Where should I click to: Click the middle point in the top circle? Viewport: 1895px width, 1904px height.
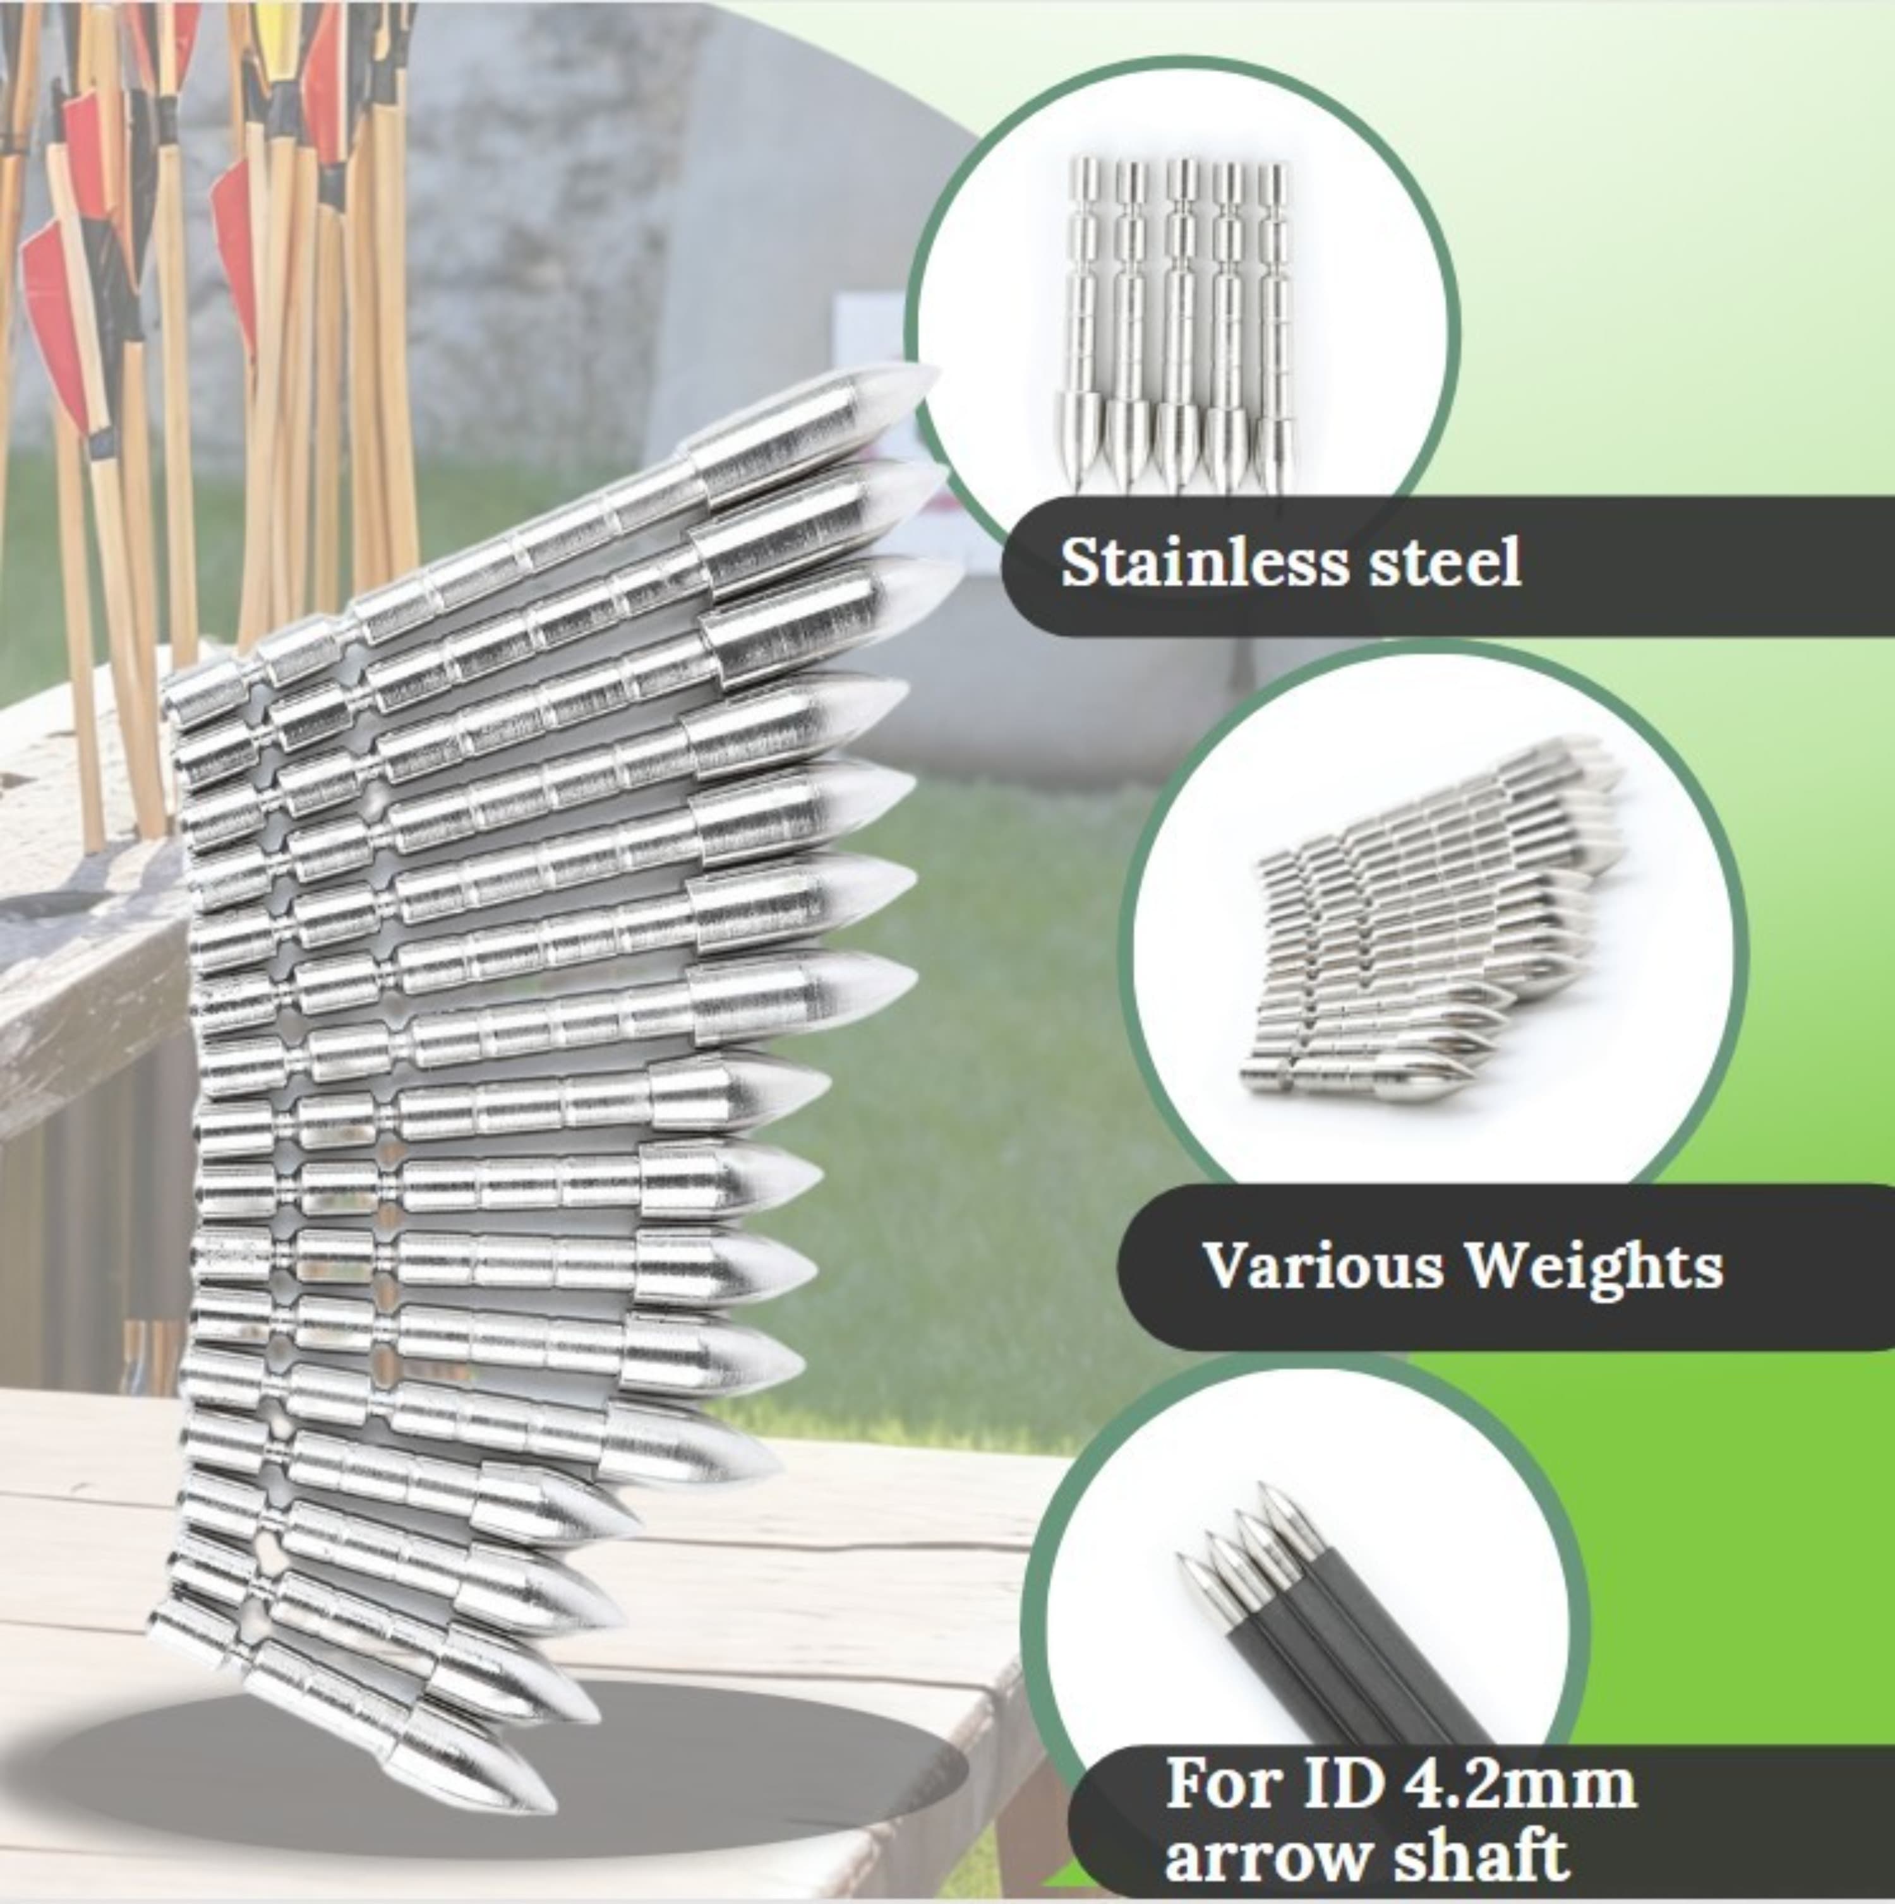(x=1180, y=325)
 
